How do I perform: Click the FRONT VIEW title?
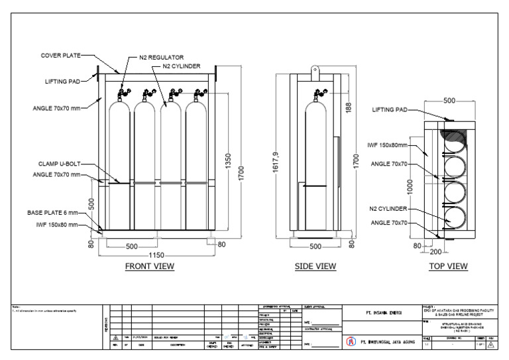pyautogui.click(x=150, y=267)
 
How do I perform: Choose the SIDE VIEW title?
pyautogui.click(x=315, y=267)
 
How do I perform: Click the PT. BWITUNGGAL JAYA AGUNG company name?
pyautogui.click(x=388, y=343)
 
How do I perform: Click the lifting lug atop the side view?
pyautogui.click(x=316, y=68)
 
